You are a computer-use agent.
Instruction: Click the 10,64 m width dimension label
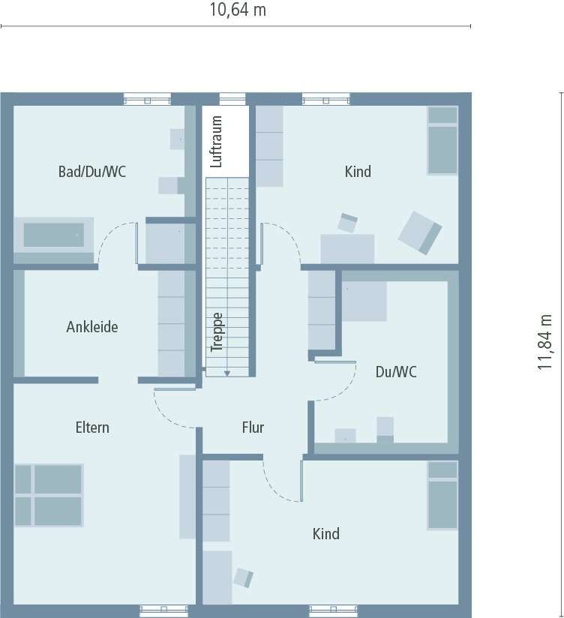tap(237, 10)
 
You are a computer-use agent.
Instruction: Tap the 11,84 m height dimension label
tap(545, 342)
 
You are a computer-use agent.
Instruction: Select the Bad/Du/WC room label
tap(92, 172)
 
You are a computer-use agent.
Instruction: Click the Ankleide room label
tap(92, 327)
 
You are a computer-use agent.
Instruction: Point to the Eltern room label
tap(92, 427)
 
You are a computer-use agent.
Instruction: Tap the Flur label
tap(253, 427)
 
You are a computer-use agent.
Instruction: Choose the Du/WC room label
tap(396, 371)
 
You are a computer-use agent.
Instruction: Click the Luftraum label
tap(217, 141)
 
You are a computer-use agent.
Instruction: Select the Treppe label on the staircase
tap(217, 332)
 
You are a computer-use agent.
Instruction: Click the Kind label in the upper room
tap(358, 172)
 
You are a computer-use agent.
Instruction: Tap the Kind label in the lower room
tap(326, 534)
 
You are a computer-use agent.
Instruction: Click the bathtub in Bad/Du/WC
tap(53, 235)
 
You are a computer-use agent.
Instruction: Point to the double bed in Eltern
tap(48, 495)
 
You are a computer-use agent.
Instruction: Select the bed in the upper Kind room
tap(442, 141)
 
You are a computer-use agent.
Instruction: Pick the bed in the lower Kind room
tap(442, 496)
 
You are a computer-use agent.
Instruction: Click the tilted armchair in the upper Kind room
tap(420, 231)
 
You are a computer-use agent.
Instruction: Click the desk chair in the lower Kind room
tap(244, 577)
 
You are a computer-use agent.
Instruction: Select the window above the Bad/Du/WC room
tap(148, 99)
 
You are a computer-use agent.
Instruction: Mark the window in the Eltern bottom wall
tap(163, 610)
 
